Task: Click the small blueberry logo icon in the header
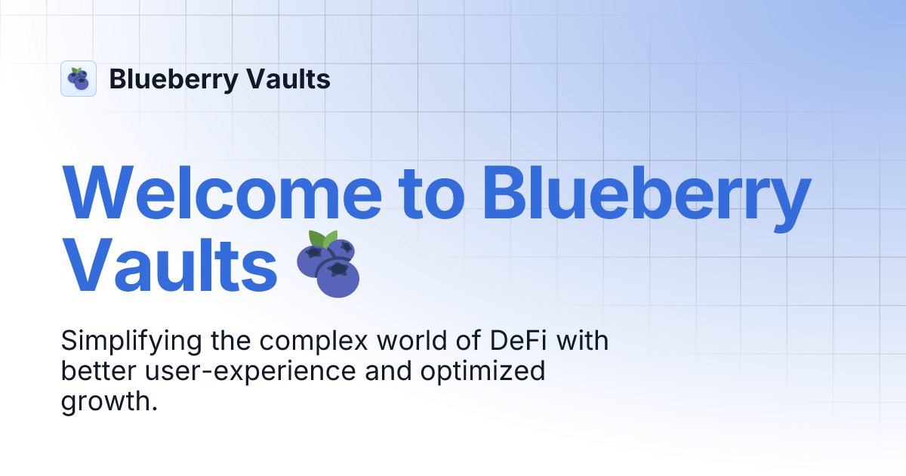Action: coord(79,79)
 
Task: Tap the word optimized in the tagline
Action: coord(486,372)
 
